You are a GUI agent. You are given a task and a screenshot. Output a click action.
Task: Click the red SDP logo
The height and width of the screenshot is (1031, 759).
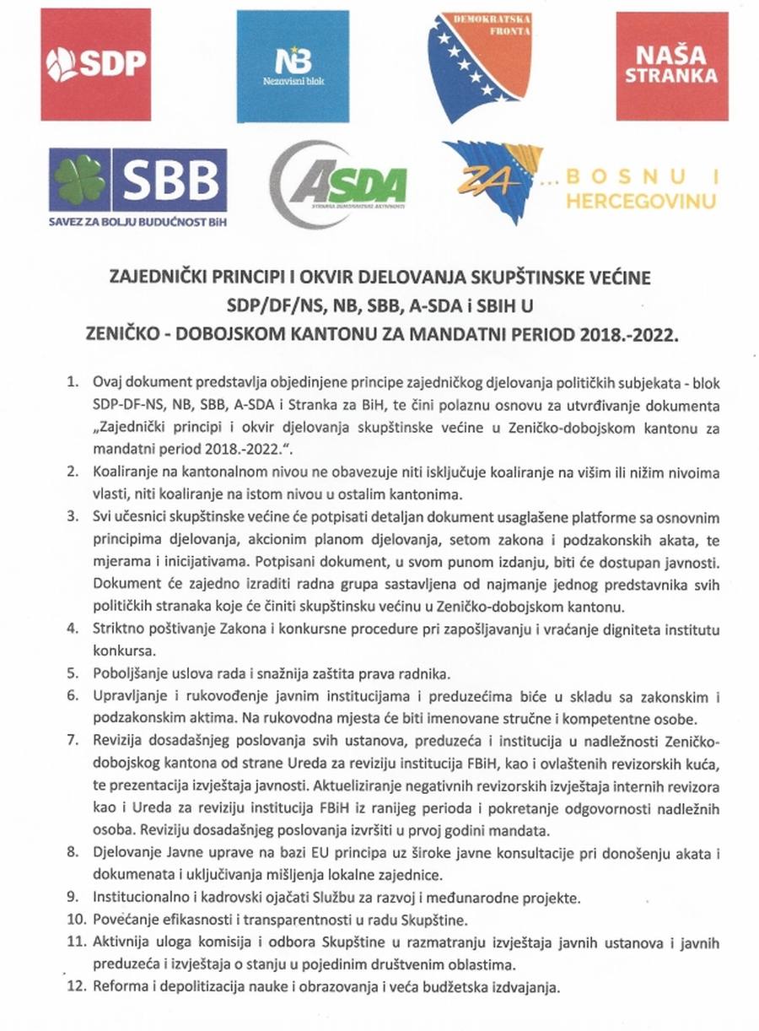pyautogui.click(x=96, y=65)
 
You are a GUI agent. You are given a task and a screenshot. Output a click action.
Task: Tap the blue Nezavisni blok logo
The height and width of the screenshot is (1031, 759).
pyautogui.click(x=293, y=66)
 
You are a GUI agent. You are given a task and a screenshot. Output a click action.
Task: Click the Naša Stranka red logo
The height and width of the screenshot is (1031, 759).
pyautogui.click(x=671, y=66)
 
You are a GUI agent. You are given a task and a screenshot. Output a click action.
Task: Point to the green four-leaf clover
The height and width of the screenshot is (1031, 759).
pyautogui.click(x=80, y=180)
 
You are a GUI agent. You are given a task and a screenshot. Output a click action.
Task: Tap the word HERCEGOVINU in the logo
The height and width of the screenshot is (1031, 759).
pyautogui.click(x=641, y=202)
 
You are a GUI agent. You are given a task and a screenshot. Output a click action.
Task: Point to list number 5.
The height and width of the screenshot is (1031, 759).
pyautogui.click(x=73, y=673)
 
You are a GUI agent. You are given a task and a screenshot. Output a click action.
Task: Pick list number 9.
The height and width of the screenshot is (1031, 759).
pyautogui.click(x=73, y=893)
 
